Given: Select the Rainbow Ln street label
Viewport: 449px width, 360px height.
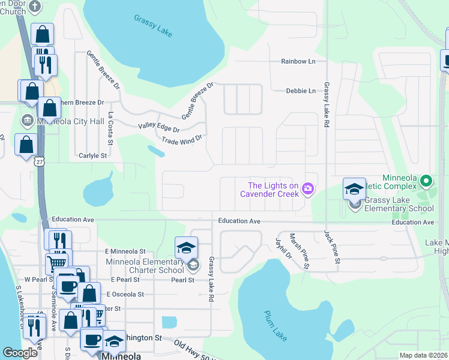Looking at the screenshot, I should [x=298, y=62].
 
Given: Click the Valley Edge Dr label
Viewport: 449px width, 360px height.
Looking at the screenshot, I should [x=159, y=128].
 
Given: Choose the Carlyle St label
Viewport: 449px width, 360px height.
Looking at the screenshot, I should [x=92, y=155].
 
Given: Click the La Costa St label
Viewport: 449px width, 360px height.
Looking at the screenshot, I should [x=110, y=128].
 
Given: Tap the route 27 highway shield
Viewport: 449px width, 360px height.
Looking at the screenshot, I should [x=40, y=162].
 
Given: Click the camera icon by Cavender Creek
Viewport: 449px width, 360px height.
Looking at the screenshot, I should [x=308, y=189].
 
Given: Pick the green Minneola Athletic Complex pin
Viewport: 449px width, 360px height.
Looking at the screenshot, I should [x=426, y=180].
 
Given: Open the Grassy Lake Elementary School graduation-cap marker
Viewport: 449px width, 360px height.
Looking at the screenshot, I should [x=354, y=190].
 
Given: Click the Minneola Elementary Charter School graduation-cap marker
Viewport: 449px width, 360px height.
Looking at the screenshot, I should [x=187, y=248].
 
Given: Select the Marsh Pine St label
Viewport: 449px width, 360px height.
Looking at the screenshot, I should [x=300, y=250].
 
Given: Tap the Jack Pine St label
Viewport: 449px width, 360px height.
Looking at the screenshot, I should [x=332, y=246].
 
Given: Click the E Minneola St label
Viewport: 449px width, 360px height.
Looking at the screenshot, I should [x=125, y=251].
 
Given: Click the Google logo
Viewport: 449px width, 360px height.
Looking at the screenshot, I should [x=20, y=353].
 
